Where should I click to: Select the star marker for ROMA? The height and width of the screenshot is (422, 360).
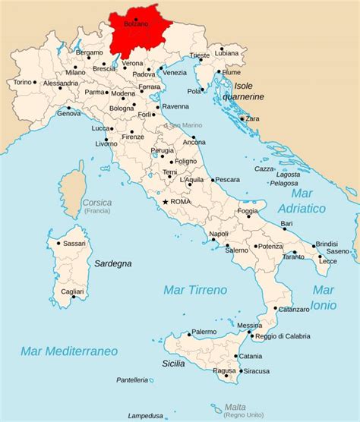pos(165,202)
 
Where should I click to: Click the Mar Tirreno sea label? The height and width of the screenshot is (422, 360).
pos(195,290)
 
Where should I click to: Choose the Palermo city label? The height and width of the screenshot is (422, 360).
pos(204,332)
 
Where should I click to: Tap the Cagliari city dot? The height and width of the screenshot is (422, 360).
pos(74,297)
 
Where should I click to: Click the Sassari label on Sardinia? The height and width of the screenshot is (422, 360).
pos(74,243)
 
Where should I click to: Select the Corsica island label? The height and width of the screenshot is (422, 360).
pos(97,203)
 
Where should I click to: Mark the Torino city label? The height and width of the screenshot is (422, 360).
pos(23,82)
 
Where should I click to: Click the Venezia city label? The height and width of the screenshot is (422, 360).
pos(174,73)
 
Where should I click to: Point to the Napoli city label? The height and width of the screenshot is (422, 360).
pos(219,234)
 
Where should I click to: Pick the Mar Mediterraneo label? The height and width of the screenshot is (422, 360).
pos(69,351)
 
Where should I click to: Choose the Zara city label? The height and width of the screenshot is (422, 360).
pos(251,119)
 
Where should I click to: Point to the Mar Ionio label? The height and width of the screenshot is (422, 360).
pos(324,298)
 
